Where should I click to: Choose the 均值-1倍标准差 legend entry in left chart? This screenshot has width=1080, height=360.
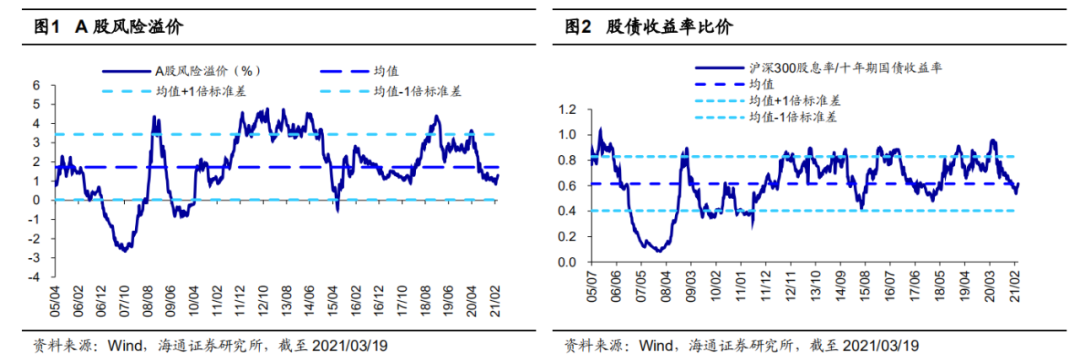click(x=416, y=90)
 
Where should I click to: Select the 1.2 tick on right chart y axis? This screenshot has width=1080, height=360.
click(x=571, y=108)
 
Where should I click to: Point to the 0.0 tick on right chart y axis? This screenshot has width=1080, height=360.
click(x=571, y=262)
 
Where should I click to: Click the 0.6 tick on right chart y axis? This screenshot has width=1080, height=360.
click(x=571, y=185)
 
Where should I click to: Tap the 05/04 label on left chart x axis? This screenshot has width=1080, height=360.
click(x=55, y=297)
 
